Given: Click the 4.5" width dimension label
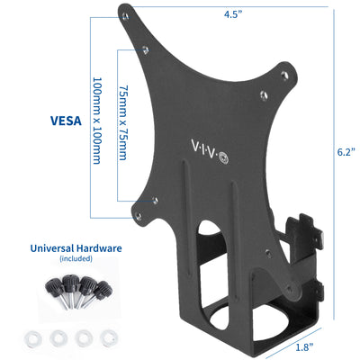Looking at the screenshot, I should pyautogui.click(x=258, y=14).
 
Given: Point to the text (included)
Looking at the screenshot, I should pyautogui.click(x=76, y=259).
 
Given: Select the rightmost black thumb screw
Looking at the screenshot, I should pyautogui.click(x=105, y=291).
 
